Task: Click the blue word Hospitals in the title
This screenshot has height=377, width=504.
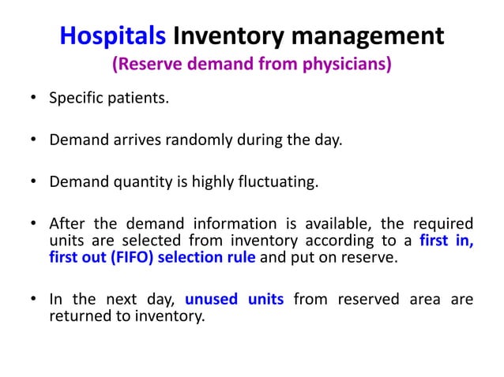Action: click(x=112, y=35)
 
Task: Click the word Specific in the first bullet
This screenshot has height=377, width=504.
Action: click(x=76, y=99)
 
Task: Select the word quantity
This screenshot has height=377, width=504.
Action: click(x=134, y=183)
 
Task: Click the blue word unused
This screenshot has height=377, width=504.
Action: click(x=234, y=300)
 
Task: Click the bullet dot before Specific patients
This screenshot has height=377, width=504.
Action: click(x=34, y=100)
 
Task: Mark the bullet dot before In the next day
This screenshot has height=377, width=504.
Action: click(x=34, y=300)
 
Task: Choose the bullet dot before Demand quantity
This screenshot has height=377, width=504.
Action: click(x=34, y=184)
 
